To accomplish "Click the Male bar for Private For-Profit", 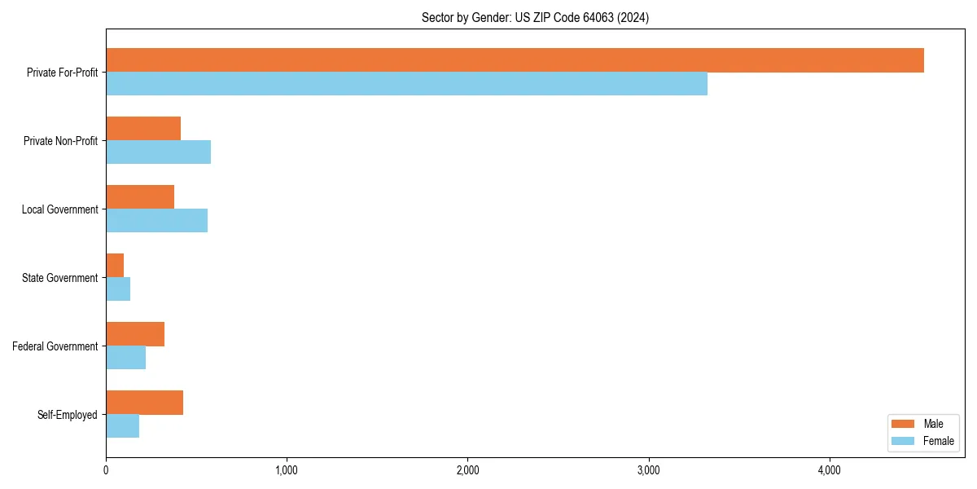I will point(515,60).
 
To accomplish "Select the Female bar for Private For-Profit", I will point(406,84).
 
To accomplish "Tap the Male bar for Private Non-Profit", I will point(143,129).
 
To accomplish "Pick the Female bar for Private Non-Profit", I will point(158,152).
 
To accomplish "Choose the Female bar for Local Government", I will point(156,221).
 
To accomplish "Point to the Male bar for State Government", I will point(115,266).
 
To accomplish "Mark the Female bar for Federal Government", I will point(125,358).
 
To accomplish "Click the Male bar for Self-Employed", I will point(144,403).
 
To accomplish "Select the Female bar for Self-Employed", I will point(122,426).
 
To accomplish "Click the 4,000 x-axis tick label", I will point(829,470).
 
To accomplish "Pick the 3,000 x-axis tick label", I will point(648,470).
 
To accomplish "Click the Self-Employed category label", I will point(68,415).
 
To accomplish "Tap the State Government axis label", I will point(60,278).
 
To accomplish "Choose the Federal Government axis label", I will point(55,346).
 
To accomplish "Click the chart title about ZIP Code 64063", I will point(535,17).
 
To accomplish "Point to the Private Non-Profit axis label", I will point(60,141).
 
